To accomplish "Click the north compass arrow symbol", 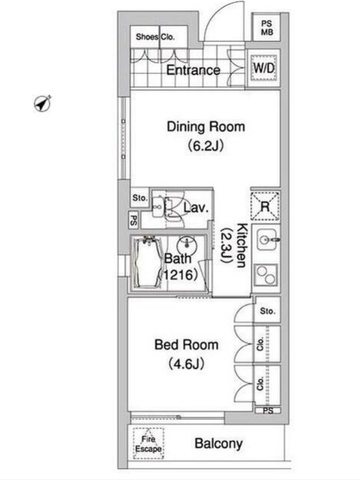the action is [x=42, y=103].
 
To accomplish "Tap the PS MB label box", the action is [x=267, y=27].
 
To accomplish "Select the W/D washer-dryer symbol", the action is [x=264, y=68].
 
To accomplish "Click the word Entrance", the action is [x=193, y=70].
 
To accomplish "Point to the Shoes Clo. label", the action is [x=155, y=37].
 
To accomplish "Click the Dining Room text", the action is [x=206, y=127].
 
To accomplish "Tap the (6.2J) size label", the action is [x=206, y=146].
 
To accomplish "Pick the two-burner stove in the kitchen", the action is [x=265, y=275].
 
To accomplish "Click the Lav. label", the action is [x=196, y=208].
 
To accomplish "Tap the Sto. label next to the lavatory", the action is [x=140, y=198].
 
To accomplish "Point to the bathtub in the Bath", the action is [x=147, y=263].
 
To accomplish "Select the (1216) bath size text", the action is [x=178, y=275].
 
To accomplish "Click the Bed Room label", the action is [x=186, y=344].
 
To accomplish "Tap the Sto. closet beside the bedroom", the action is [x=268, y=310].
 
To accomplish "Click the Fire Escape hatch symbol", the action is [x=148, y=443].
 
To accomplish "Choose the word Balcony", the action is [x=218, y=443].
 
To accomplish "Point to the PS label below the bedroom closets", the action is [x=268, y=410].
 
